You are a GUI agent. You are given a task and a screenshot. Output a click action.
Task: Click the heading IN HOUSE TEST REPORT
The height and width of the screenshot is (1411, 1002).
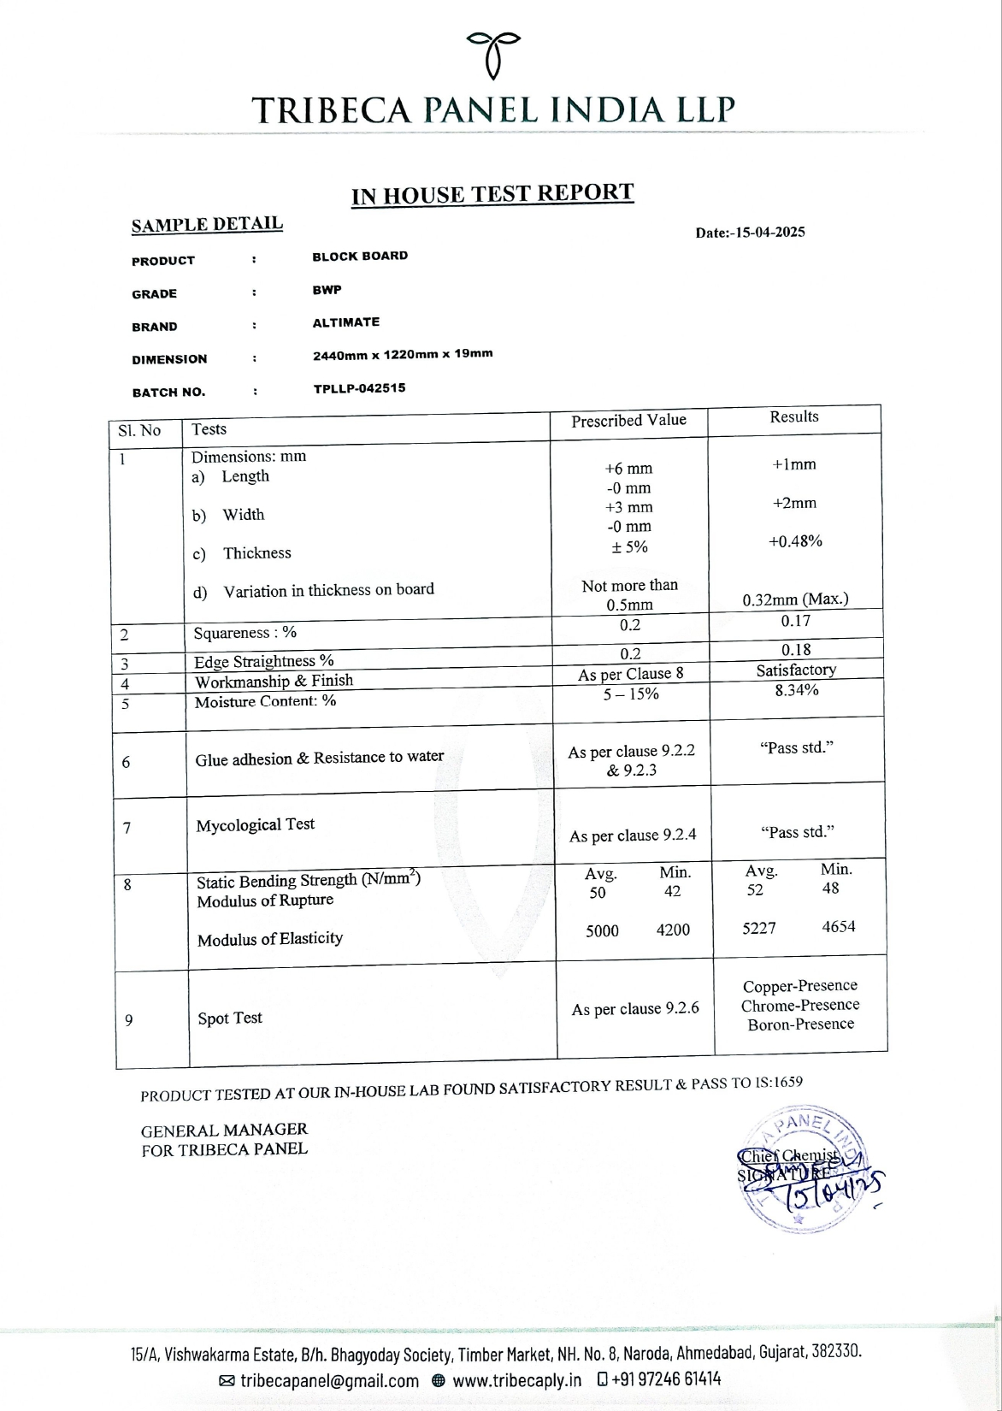click(492, 194)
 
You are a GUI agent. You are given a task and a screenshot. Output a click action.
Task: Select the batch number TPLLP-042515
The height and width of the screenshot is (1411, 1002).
click(359, 388)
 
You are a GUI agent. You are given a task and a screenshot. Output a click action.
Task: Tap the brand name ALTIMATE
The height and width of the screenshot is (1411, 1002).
click(345, 322)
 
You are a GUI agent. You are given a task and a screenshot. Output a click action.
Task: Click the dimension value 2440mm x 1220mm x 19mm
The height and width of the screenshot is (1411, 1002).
click(403, 354)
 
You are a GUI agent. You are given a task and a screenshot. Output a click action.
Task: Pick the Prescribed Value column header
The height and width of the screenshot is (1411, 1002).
click(628, 421)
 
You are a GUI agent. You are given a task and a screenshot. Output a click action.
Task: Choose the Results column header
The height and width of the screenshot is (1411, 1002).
click(793, 416)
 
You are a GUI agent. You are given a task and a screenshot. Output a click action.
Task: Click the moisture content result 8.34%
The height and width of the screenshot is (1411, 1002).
click(796, 690)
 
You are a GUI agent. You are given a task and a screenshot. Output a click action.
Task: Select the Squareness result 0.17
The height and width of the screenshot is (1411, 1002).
click(795, 621)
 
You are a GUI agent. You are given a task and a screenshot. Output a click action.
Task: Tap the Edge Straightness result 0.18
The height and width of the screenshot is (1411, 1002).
click(795, 650)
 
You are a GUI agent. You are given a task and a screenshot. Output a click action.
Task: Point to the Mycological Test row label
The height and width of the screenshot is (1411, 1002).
click(255, 825)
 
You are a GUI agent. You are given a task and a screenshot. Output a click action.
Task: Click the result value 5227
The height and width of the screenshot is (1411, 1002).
click(759, 928)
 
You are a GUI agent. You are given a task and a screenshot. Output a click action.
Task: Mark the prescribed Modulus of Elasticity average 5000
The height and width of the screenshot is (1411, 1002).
click(602, 931)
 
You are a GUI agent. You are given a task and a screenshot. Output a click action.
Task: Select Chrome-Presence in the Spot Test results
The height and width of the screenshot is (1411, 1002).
click(800, 1006)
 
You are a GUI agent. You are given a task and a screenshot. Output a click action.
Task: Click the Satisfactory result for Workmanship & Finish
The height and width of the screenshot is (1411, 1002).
click(796, 670)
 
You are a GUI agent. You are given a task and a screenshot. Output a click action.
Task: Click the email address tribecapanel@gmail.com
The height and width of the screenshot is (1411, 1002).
click(329, 1379)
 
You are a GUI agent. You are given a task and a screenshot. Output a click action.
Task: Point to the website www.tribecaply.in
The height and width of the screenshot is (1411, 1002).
click(516, 1379)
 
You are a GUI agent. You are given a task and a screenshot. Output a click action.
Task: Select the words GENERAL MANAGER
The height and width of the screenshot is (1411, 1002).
click(224, 1130)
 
